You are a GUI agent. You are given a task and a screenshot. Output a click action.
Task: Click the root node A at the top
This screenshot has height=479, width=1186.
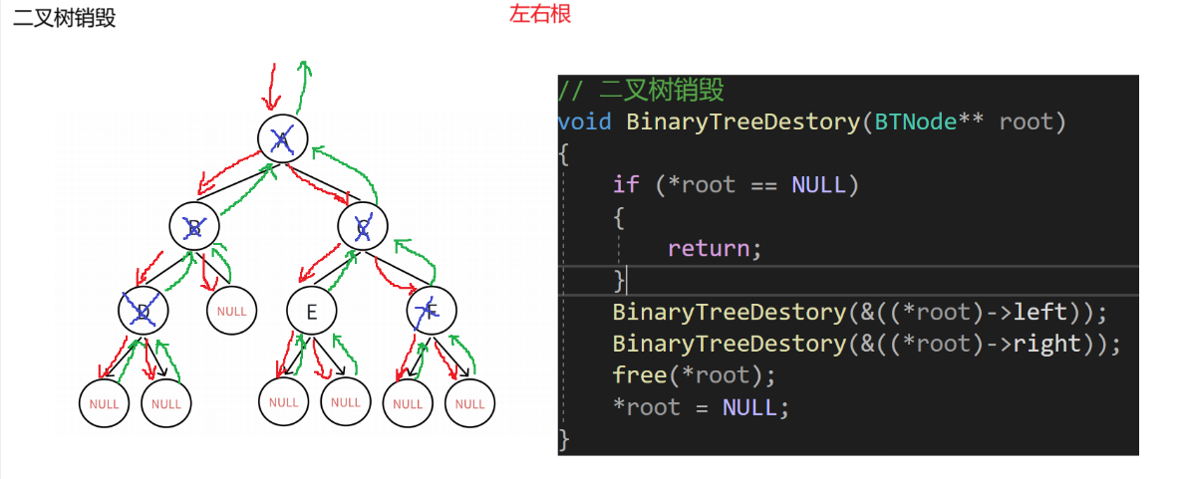(282, 138)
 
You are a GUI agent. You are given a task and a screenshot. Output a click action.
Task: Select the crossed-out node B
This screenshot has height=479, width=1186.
(194, 227)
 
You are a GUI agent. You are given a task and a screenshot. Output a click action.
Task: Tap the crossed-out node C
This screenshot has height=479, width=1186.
(362, 226)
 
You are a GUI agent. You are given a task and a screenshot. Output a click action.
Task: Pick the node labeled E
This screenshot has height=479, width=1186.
(311, 313)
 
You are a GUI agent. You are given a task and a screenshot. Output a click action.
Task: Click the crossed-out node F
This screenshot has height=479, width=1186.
(431, 311)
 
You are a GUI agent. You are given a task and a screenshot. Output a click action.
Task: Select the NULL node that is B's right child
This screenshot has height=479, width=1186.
(231, 311)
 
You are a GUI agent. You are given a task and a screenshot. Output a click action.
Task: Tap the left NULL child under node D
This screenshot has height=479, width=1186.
(104, 404)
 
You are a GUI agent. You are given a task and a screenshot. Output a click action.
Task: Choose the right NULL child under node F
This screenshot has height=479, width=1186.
(469, 404)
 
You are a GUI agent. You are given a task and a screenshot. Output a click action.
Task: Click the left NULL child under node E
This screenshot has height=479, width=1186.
(283, 402)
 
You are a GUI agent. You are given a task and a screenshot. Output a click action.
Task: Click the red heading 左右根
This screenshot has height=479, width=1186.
(540, 16)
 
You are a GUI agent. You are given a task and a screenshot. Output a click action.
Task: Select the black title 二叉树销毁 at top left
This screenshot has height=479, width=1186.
(64, 18)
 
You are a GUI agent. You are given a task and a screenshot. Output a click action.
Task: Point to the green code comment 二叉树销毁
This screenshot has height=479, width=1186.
(661, 91)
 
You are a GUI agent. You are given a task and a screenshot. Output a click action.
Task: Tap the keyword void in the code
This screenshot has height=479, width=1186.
(585, 122)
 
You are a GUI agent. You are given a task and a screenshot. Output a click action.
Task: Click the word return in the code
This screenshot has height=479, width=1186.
(710, 249)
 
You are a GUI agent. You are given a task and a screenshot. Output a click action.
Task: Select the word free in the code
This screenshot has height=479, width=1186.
(640, 375)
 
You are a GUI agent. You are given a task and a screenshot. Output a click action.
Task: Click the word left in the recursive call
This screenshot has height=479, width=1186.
(1039, 313)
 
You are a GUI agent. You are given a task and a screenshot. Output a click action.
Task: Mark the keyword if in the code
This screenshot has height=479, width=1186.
(626, 185)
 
